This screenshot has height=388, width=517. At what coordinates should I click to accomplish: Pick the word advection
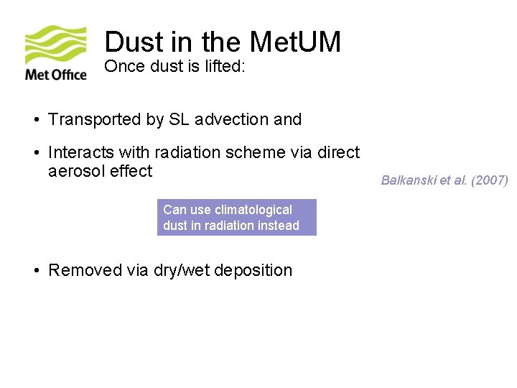tap(231, 119)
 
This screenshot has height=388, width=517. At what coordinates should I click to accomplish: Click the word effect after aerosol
tap(131, 171)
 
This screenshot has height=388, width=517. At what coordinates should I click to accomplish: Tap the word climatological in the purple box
tap(252, 210)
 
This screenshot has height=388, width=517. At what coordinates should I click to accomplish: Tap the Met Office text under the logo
tap(56, 73)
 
